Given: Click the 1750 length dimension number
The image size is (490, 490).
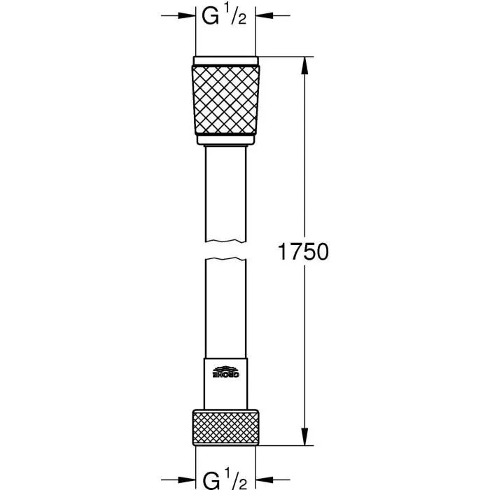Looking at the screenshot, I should tap(303, 252).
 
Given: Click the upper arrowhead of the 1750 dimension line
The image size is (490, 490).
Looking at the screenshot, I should tap(303, 63).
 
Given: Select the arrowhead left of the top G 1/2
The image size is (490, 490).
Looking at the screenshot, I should tap(188, 15).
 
